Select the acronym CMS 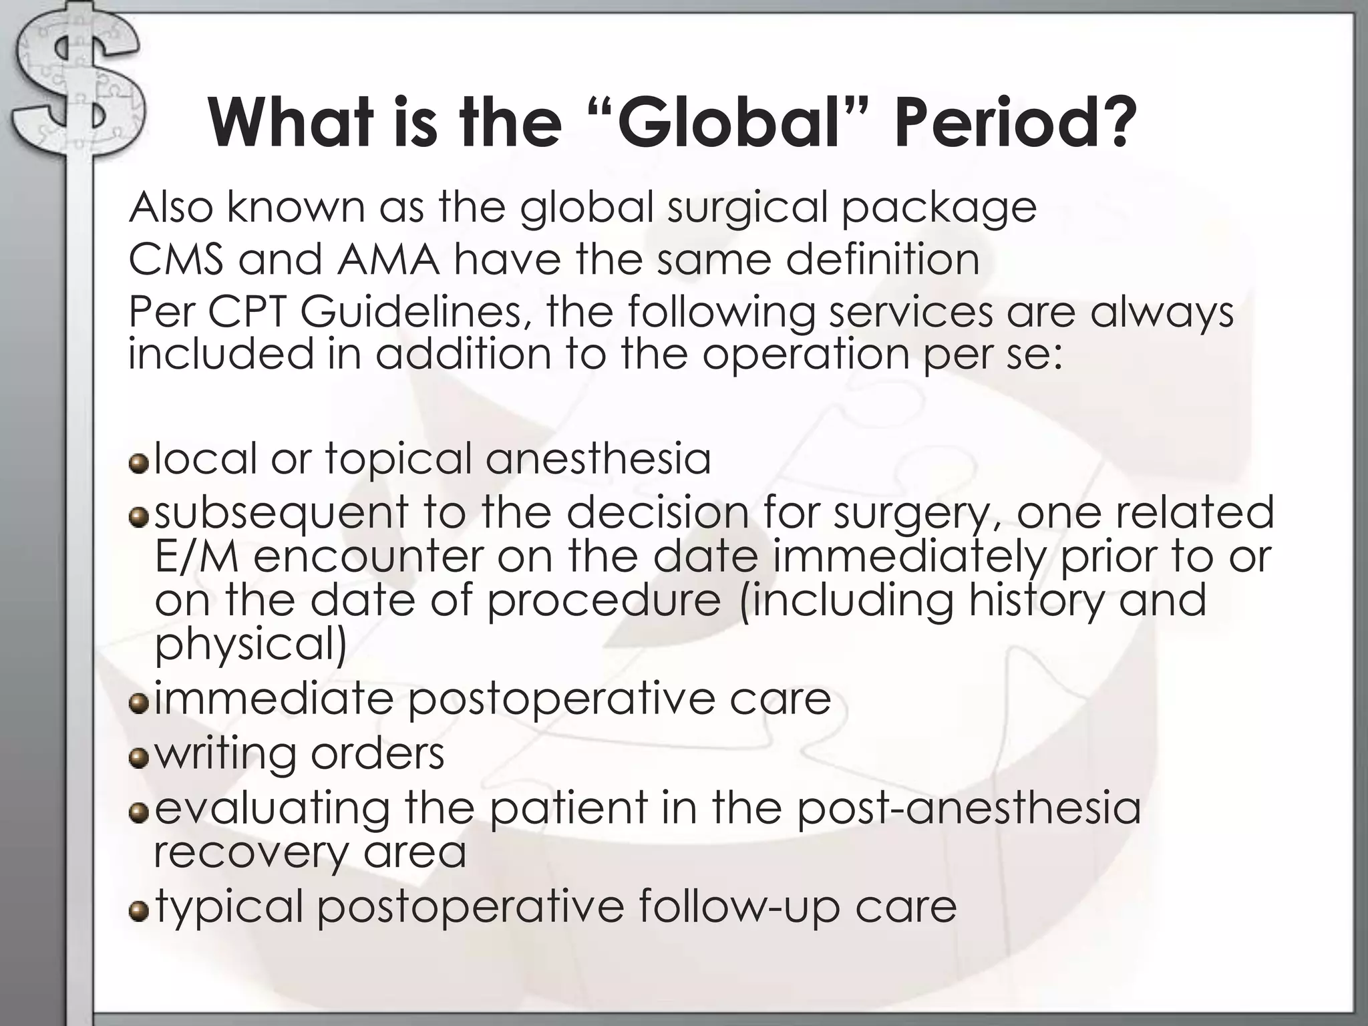click(x=176, y=259)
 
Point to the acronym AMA click(x=388, y=259)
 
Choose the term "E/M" click(x=196, y=556)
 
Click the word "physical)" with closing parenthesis click(x=250, y=645)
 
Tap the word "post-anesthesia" click(x=969, y=808)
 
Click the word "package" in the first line click(x=938, y=208)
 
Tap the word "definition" click(x=882, y=259)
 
